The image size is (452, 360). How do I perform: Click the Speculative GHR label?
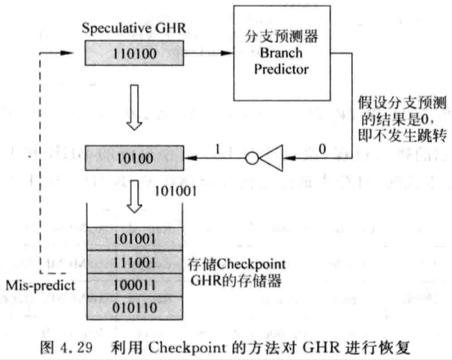[x=133, y=28]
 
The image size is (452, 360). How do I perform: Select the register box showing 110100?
[x=134, y=53]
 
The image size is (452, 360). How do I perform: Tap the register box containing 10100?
[x=134, y=158]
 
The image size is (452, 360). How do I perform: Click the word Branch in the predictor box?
[x=281, y=53]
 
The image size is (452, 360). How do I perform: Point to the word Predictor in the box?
[x=281, y=69]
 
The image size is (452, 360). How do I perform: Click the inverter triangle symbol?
[x=271, y=158]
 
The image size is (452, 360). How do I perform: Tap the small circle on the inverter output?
[x=252, y=158]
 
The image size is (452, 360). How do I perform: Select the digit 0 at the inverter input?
[x=322, y=148]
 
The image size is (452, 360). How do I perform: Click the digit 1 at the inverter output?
[x=217, y=149]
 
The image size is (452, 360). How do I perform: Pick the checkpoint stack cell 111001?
[x=135, y=262]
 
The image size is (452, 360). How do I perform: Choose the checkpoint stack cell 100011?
[x=135, y=285]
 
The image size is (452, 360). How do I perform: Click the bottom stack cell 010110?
[x=135, y=308]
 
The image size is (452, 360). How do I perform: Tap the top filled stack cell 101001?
[x=135, y=238]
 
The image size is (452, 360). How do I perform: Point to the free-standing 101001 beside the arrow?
[x=175, y=191]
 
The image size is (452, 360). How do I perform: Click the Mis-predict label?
[x=40, y=286]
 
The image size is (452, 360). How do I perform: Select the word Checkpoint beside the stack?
[x=250, y=264]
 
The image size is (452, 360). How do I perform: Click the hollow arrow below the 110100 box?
[x=134, y=107]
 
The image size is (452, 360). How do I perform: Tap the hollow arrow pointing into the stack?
[x=134, y=196]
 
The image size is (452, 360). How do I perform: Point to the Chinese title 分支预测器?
[x=281, y=36]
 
